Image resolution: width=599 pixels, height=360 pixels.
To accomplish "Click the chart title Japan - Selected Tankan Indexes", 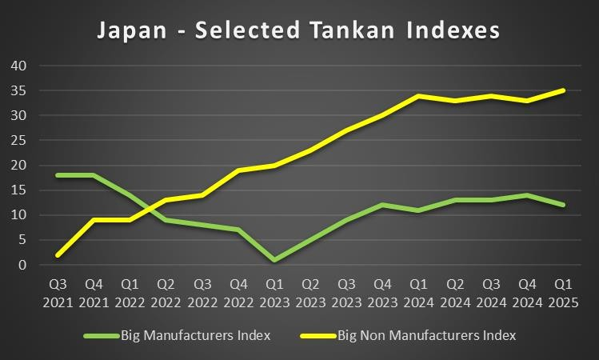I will (x=298, y=30).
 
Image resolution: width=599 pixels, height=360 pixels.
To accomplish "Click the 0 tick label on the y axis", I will (x=22, y=265).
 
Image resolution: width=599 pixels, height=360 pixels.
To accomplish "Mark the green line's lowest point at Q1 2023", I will (x=274, y=260).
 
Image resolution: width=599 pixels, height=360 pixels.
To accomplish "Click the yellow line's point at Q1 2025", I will (x=562, y=90).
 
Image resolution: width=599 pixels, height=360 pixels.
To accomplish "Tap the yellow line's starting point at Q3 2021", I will (x=58, y=255).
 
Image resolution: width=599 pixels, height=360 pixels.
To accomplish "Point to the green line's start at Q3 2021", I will (x=58, y=175).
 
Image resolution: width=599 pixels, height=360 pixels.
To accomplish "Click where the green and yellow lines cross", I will (x=150, y=208).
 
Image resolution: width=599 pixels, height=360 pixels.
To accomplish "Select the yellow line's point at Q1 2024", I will (x=418, y=95).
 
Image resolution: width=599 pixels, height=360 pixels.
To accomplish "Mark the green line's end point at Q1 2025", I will (x=562, y=205).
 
